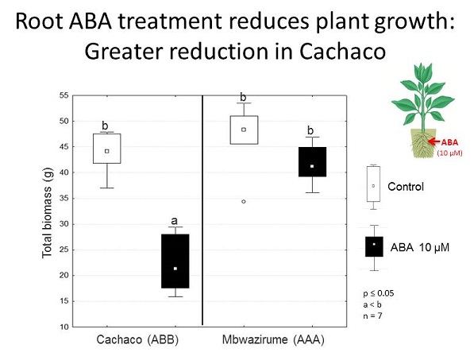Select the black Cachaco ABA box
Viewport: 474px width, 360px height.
pyautogui.click(x=175, y=261)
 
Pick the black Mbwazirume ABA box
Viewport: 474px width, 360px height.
pyautogui.click(x=312, y=162)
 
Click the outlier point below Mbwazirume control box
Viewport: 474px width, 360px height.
pyautogui.click(x=244, y=202)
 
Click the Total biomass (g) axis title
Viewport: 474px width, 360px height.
pyautogui.click(x=47, y=213)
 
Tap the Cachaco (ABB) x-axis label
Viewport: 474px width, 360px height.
pyautogui.click(x=137, y=339)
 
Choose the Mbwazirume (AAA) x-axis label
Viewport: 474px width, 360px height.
pyautogui.click(x=273, y=339)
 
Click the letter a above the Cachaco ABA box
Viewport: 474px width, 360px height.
pyautogui.click(x=174, y=221)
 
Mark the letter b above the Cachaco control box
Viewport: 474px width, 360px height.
pyautogui.click(x=105, y=126)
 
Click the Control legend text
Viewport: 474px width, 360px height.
pyautogui.click(x=406, y=187)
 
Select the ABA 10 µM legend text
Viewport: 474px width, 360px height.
pyautogui.click(x=420, y=247)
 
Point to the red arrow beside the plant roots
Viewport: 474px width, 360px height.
pyautogui.click(x=435, y=141)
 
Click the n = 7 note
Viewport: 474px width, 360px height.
pyautogui.click(x=372, y=315)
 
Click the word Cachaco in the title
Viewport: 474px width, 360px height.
pyautogui.click(x=342, y=52)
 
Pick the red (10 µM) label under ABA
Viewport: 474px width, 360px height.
pyautogui.click(x=449, y=153)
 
